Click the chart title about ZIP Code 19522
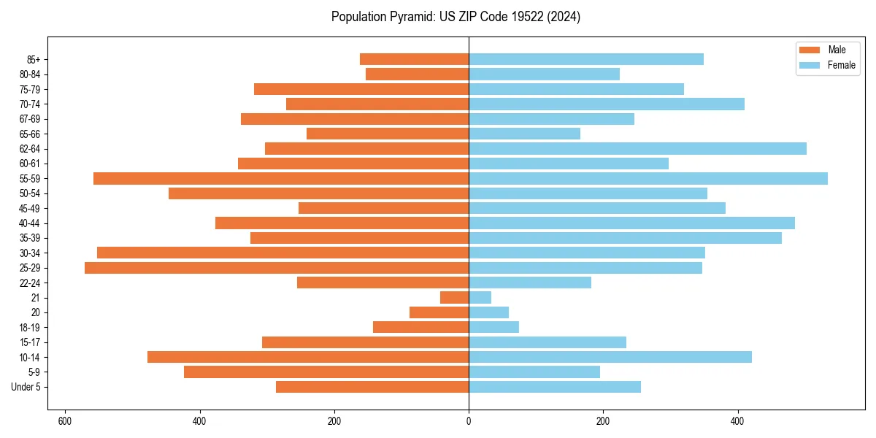[456, 17]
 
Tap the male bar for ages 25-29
[277, 268]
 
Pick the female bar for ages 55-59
[648, 178]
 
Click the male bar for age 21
[454, 298]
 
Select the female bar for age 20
[488, 312]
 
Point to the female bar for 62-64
[637, 148]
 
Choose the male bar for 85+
[414, 59]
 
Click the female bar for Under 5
[555, 387]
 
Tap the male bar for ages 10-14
[308, 357]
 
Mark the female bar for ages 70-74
[607, 104]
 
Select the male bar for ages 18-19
[420, 327]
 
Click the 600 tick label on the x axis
[65, 421]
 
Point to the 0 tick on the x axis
[469, 421]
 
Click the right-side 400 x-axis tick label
[737, 421]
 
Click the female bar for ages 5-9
[534, 372]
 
